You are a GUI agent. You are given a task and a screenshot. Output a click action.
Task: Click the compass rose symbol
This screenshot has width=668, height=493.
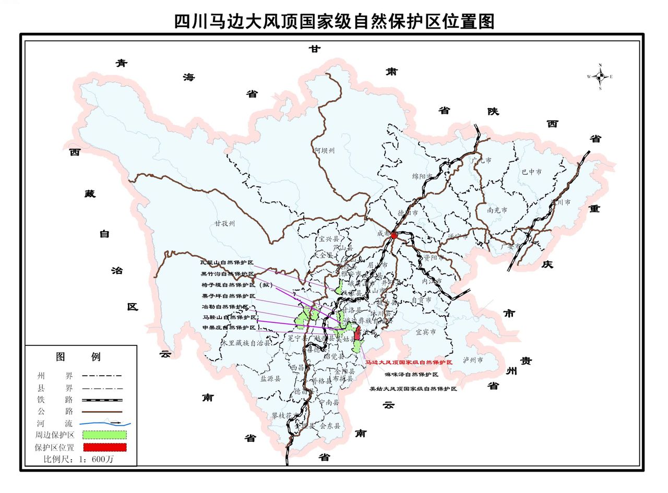[600, 77]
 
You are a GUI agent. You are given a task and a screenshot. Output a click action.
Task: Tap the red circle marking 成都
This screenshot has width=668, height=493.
[394, 235]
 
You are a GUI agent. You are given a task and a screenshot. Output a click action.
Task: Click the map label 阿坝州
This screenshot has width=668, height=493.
[325, 151]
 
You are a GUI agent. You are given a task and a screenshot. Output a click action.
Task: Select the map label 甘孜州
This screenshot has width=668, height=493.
[224, 223]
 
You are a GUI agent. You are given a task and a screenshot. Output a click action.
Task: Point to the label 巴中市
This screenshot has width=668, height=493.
[531, 172]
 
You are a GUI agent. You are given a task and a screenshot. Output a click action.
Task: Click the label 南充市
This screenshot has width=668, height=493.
[497, 210]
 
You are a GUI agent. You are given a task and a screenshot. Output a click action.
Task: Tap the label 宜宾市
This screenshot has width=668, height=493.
[425, 331]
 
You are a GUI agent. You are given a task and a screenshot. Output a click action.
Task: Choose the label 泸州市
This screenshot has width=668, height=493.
[473, 360]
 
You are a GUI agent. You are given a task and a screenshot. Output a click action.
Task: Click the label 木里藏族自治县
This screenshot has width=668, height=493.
[246, 343]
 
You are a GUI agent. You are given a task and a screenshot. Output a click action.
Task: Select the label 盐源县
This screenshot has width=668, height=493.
[270, 379]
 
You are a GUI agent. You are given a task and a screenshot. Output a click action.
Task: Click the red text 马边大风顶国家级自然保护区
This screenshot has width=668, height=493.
[408, 362]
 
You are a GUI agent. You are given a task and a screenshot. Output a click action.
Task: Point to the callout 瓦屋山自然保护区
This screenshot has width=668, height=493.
[227, 262]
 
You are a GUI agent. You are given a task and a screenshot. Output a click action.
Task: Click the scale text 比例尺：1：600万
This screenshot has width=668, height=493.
[78, 459]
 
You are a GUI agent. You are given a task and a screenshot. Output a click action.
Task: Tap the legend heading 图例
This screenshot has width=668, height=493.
[78, 357]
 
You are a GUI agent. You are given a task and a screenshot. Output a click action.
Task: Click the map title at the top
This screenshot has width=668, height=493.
[334, 21]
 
